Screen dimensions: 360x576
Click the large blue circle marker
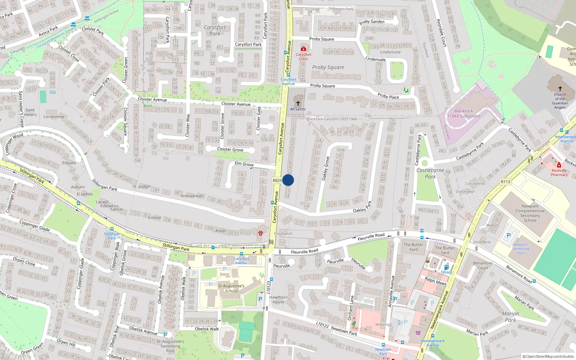pos(288,180)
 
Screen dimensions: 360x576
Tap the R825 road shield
pos(277,180)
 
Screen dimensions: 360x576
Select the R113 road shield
pos(505,182)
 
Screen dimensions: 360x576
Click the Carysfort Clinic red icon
pos(303,49)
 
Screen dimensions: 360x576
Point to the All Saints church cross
pos(298,103)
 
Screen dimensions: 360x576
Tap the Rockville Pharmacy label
pos(559,172)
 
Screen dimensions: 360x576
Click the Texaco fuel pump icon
pos(446,267)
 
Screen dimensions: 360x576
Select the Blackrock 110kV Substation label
pos(464,113)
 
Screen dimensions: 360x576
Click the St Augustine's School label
pos(231,288)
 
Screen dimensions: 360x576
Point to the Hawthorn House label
pos(278,300)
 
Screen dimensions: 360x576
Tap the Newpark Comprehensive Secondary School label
pos(530,213)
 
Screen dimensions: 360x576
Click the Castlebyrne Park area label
pos(430,173)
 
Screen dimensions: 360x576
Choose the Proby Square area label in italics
pos(328,67)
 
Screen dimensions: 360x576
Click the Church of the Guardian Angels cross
pos(560,89)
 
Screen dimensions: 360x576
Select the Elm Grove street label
pos(244,164)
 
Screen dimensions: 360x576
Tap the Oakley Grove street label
pos(325,168)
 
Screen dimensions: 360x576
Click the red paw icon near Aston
pos(260,233)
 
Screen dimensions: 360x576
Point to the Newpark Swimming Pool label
pos(521,248)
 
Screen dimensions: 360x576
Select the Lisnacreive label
pos(54,117)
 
